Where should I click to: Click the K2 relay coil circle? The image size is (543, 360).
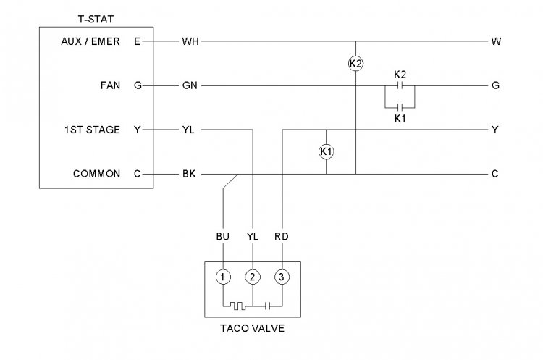355,64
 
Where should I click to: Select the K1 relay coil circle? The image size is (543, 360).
326,151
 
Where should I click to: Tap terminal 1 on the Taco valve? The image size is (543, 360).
224,276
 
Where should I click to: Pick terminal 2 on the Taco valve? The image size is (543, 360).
253,276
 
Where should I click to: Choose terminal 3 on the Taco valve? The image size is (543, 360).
281,276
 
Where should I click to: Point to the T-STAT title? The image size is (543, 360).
94,17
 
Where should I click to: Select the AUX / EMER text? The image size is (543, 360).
90,41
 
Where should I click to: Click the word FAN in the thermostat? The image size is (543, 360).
111,85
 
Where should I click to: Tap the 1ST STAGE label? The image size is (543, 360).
93,130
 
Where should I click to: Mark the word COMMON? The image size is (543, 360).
97,174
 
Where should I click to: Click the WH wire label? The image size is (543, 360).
190,41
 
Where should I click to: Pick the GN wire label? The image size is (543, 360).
190,85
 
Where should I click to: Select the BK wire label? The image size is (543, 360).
189,174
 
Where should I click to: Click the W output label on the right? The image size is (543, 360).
496,41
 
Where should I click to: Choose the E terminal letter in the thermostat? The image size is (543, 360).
138,41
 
